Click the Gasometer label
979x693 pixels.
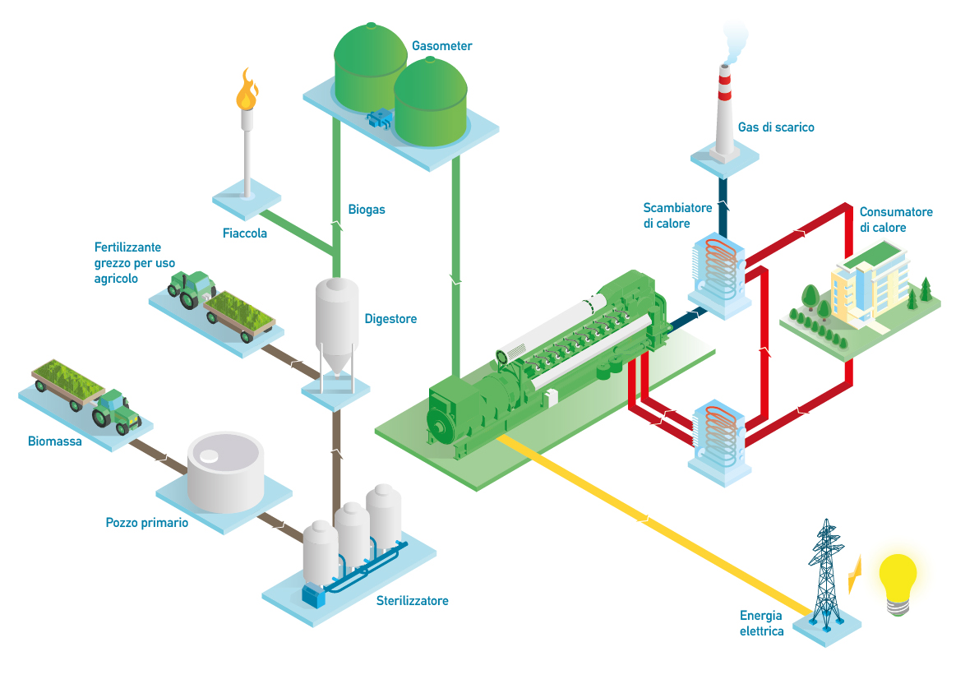[442, 46]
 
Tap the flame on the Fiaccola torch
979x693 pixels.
[246, 90]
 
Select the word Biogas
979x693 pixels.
[367, 210]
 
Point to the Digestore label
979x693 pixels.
[390, 319]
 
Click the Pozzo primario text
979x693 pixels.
[147, 523]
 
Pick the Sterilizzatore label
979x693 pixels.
[412, 601]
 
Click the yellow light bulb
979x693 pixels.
[898, 580]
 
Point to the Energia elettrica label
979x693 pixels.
[761, 623]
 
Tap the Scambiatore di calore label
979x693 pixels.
[666, 215]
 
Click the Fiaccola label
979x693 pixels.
[245, 233]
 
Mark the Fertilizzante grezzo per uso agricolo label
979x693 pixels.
[127, 263]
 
